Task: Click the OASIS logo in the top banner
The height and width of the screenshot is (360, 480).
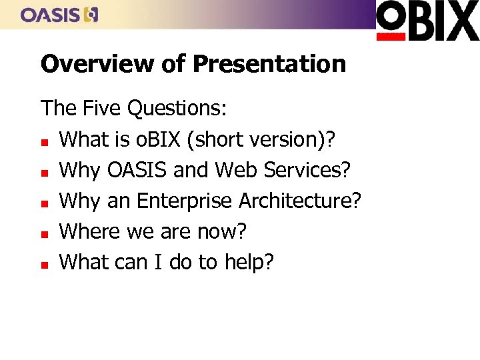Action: point(59,15)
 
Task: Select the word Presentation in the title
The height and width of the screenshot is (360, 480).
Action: point(269,64)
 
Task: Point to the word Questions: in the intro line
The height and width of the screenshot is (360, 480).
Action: point(180,108)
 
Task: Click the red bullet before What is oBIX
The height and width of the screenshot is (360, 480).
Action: point(45,141)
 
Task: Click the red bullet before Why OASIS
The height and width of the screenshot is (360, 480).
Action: point(45,172)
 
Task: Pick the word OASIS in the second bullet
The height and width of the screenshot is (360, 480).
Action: point(137,170)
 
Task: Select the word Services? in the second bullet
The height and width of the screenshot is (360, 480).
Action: point(308,170)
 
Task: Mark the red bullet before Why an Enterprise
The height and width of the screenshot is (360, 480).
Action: point(45,203)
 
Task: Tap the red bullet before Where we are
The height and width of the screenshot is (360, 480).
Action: point(45,233)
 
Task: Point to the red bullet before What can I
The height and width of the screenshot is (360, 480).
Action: point(45,265)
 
